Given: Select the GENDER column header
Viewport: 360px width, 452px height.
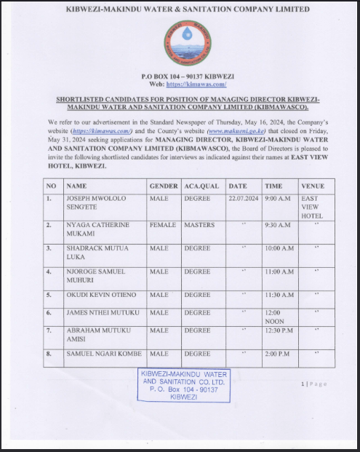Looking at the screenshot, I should (163, 186).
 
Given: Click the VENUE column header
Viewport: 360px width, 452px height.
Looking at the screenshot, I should (313, 186).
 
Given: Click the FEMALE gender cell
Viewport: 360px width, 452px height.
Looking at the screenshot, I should (163, 225).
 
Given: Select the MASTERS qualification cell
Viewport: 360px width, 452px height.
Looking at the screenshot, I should (199, 225).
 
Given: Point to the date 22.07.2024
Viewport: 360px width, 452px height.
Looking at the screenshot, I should (244, 198).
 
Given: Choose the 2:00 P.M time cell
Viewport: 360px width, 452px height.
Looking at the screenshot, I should (277, 354).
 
